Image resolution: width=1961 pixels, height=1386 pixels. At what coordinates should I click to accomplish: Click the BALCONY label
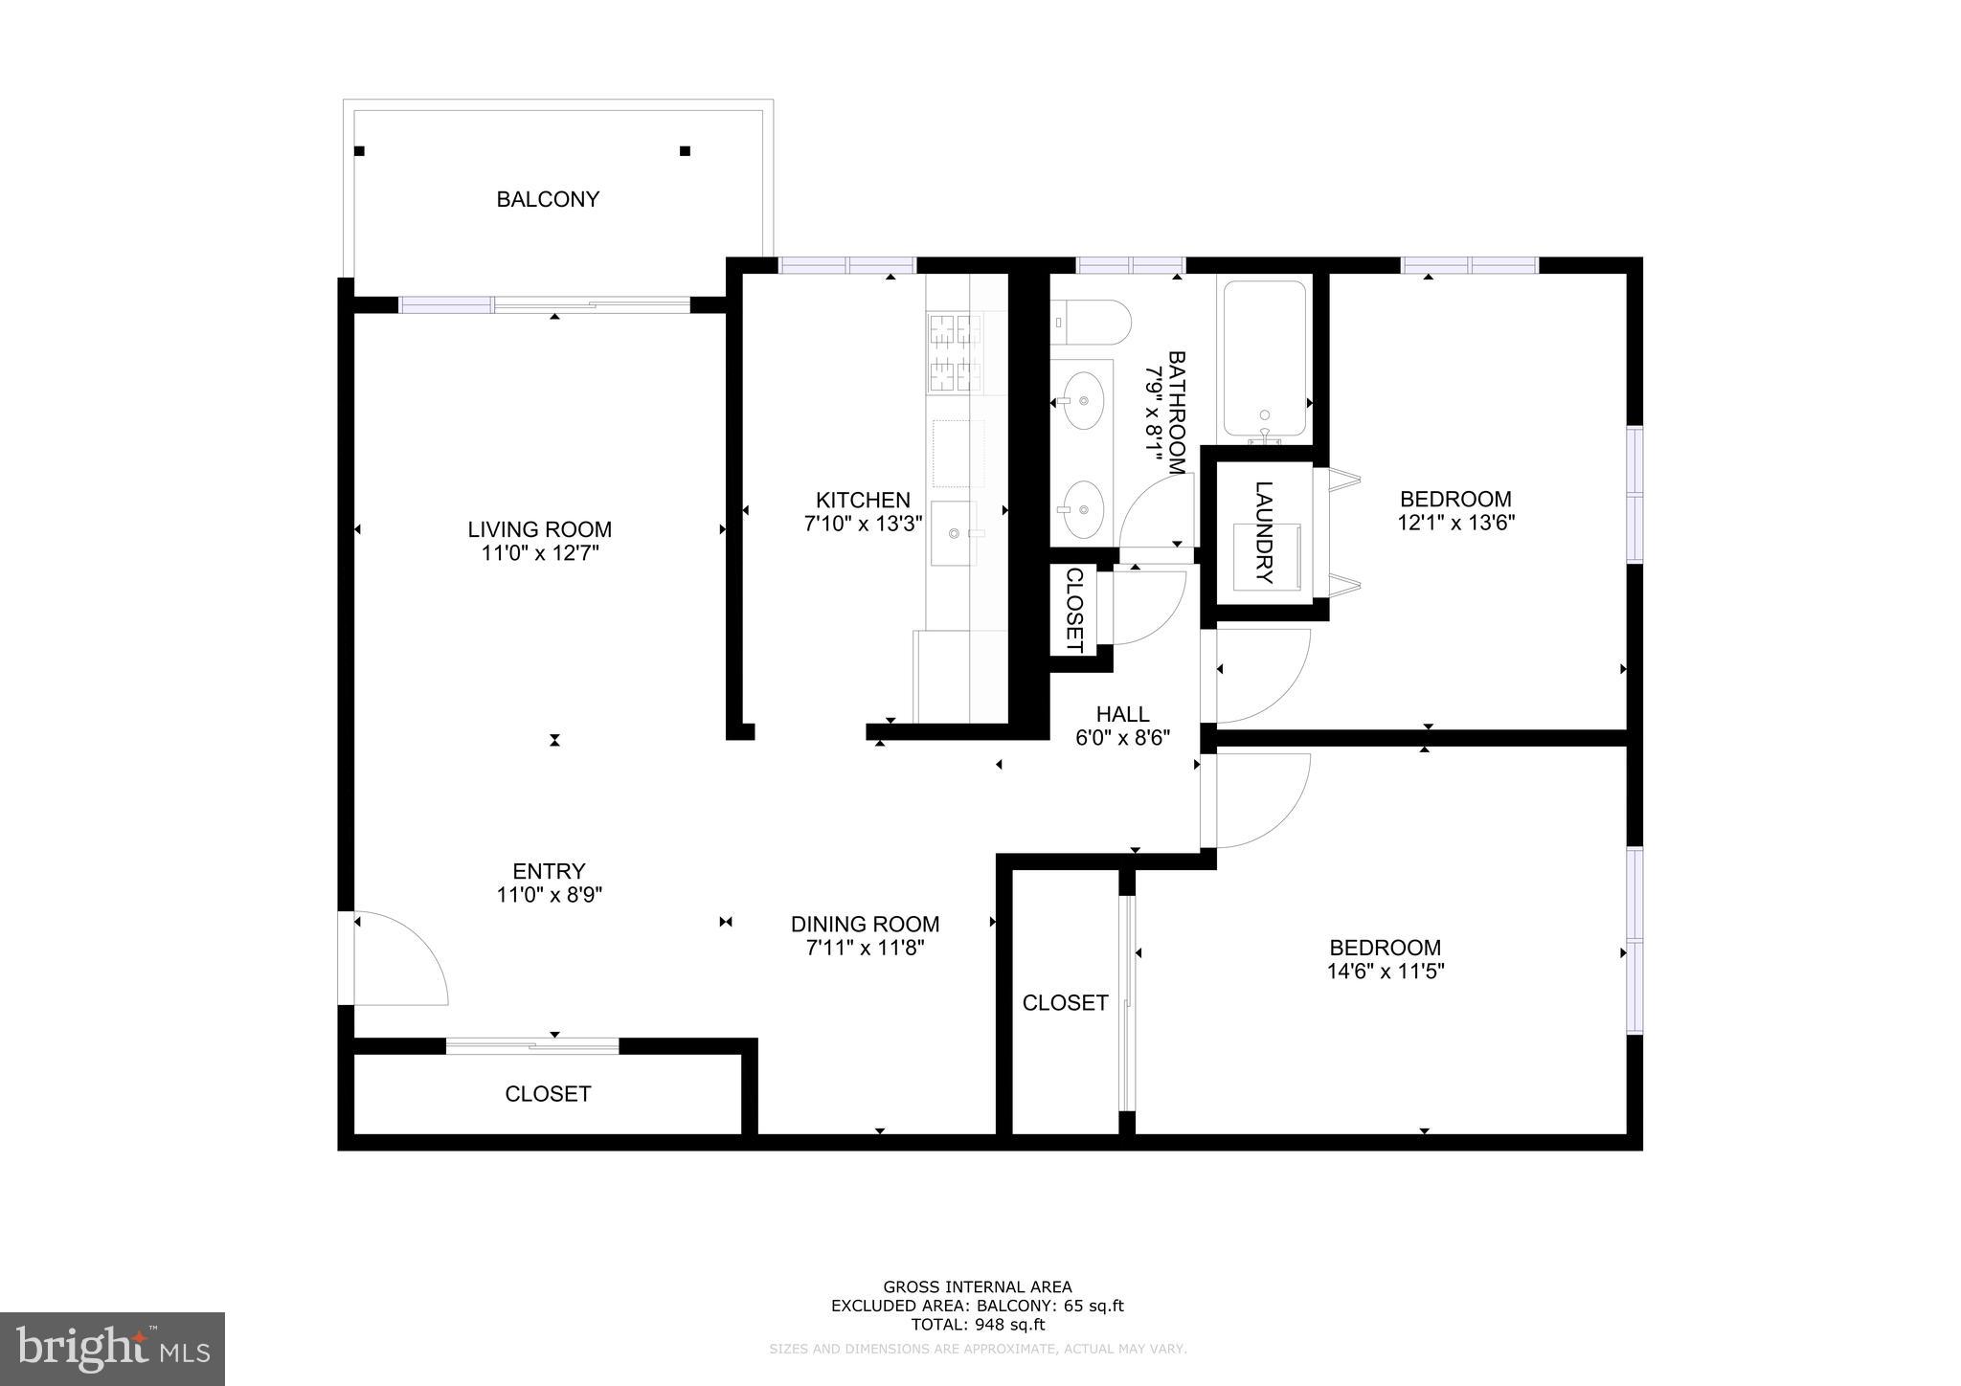click(x=548, y=199)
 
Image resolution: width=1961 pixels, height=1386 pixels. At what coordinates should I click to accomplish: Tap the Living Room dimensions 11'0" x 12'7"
click(x=540, y=553)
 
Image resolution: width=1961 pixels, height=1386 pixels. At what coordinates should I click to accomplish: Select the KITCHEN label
click(x=862, y=500)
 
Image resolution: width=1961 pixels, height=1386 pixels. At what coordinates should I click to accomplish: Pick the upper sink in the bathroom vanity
click(x=1082, y=401)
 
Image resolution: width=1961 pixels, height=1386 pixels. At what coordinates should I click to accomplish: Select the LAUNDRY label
click(x=1264, y=532)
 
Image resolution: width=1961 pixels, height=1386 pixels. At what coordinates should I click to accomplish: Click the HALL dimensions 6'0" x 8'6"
click(x=1123, y=738)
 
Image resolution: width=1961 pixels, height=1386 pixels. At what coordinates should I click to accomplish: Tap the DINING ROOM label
click(x=865, y=924)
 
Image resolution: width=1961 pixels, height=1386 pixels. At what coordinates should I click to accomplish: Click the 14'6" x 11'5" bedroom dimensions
click(x=1385, y=972)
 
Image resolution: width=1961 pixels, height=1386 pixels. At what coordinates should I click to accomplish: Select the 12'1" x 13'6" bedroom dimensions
click(x=1455, y=523)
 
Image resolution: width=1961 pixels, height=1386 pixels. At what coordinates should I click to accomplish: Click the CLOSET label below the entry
click(x=548, y=1093)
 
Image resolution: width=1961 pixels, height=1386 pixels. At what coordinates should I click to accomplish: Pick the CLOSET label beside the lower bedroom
click(x=1065, y=1002)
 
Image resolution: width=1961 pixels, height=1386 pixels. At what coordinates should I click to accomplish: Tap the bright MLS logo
click(x=112, y=1349)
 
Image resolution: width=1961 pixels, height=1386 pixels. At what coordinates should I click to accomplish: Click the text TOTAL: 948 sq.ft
click(x=977, y=1325)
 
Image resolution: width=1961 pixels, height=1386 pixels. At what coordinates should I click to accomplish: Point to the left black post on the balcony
click(x=359, y=151)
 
